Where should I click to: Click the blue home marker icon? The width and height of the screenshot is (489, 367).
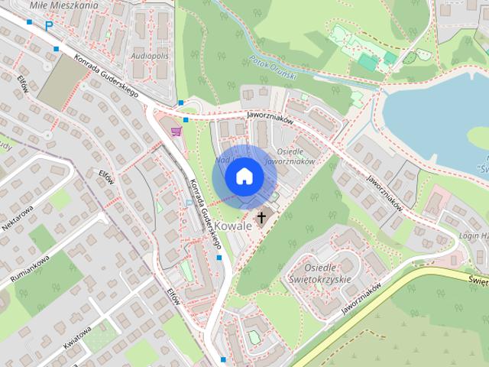pyautogui.click(x=244, y=177)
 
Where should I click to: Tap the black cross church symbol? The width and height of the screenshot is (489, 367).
pyautogui.click(x=261, y=218)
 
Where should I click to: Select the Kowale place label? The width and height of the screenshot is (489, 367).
pyautogui.click(x=233, y=226)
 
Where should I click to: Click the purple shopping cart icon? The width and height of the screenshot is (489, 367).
pyautogui.click(x=176, y=131)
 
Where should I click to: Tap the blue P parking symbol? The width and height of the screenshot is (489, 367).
pyautogui.click(x=48, y=26)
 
